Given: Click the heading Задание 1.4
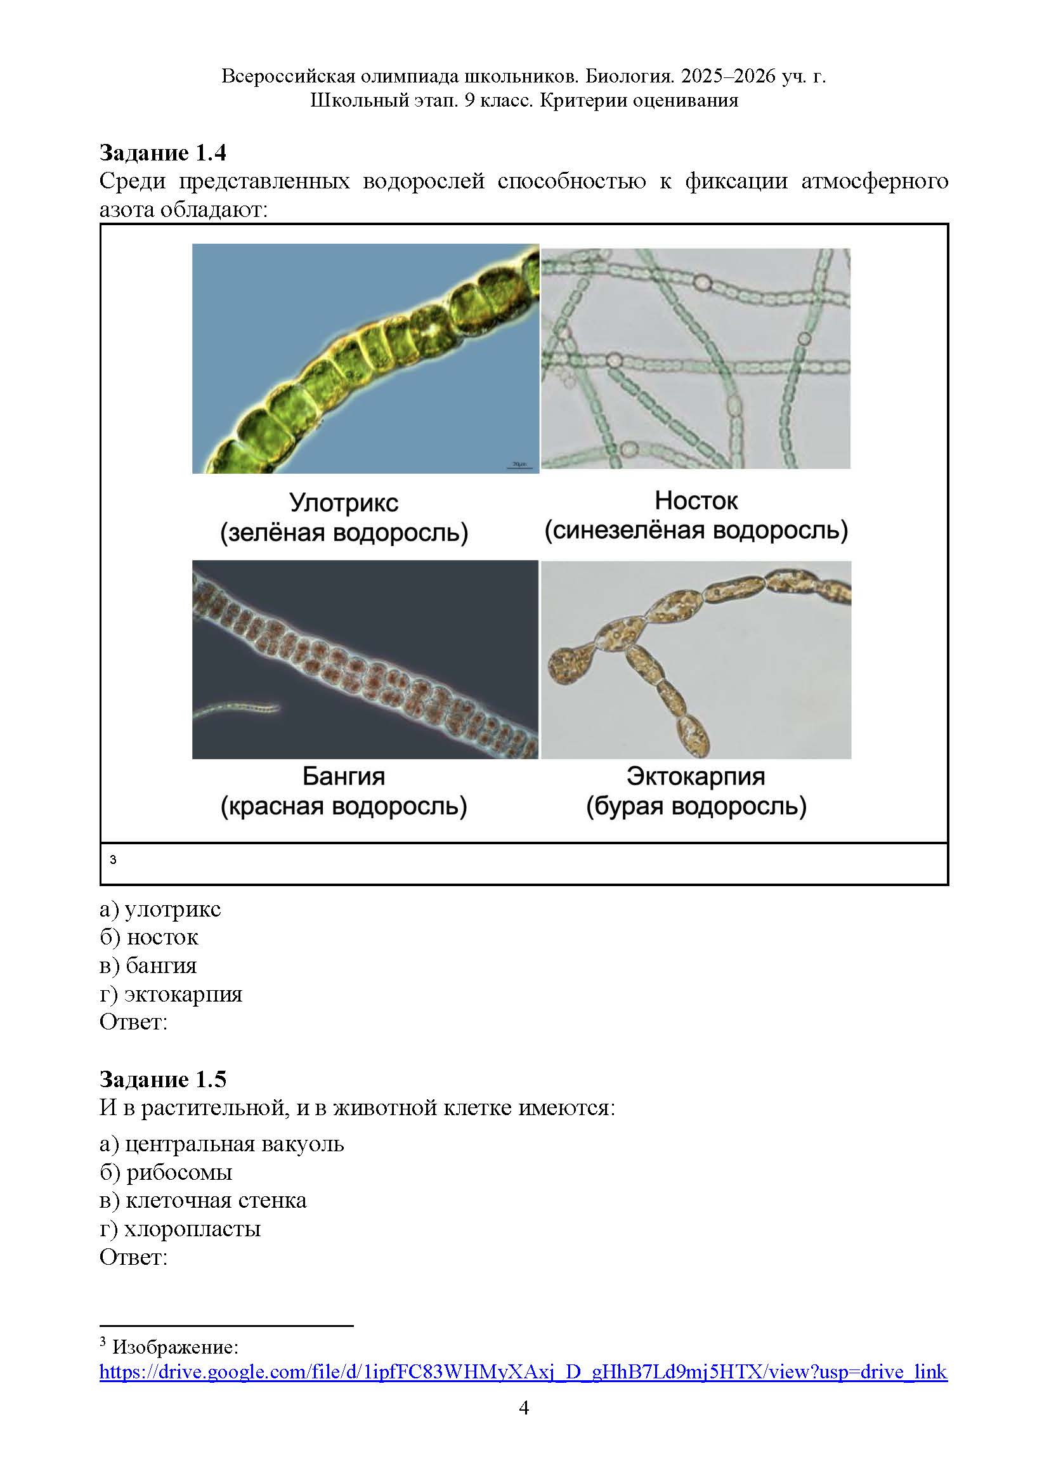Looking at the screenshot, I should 163,152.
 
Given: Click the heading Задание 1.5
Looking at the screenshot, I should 163,1079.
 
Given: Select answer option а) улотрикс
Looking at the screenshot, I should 160,909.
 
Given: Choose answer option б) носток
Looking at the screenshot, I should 149,937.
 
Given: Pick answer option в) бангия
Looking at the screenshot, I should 148,965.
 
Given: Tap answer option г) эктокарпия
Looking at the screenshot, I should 171,993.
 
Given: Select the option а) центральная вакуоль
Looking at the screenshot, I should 221,1143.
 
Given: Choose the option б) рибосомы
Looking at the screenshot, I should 166,1172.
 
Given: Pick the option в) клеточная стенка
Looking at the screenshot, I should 203,1200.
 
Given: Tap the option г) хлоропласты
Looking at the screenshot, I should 180,1228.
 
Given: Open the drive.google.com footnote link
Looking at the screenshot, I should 523,1371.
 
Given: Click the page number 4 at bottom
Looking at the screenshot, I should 524,1408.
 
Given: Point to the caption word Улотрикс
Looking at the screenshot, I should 344,502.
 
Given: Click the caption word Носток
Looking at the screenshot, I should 696,500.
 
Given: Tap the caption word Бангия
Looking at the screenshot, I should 344,776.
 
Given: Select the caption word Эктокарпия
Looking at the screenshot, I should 696,776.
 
